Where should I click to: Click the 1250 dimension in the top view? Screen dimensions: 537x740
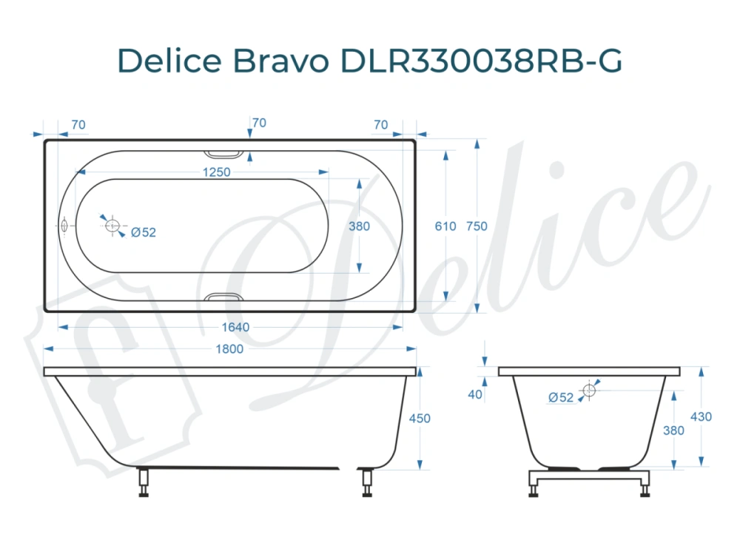tap(216, 172)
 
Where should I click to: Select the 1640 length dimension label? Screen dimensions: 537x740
tap(235, 327)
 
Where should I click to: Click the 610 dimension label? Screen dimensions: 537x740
tap(445, 226)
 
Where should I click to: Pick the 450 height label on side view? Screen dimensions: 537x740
tap(419, 418)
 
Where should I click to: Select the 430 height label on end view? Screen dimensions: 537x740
tap(701, 416)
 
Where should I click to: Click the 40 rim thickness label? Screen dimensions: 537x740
tap(475, 394)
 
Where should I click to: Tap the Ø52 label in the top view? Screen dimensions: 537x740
tap(144, 232)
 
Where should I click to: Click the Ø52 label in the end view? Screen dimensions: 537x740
tap(562, 397)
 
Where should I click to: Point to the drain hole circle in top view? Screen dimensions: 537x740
tap(112, 226)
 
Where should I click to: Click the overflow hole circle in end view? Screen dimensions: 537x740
tap(589, 390)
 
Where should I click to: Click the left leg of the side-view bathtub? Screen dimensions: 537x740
tap(143, 482)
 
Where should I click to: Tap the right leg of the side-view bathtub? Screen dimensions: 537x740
tap(366, 482)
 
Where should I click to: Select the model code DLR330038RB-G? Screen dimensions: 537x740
tap(481, 61)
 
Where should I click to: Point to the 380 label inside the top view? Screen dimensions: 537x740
tap(359, 226)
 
